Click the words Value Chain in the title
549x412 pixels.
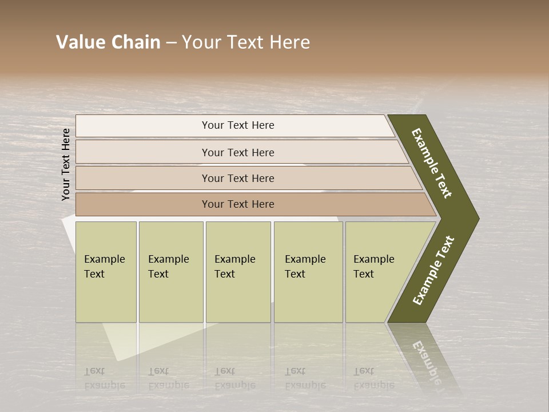(x=108, y=42)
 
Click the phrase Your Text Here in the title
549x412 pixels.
(x=246, y=42)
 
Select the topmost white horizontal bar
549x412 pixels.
(x=143, y=126)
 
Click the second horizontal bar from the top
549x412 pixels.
(x=143, y=152)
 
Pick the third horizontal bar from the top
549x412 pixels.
(x=143, y=178)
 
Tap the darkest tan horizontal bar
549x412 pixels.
(x=143, y=204)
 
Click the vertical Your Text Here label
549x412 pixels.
(x=66, y=165)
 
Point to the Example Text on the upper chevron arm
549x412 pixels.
(x=431, y=164)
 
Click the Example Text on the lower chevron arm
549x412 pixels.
(x=433, y=270)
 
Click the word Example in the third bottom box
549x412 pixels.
(x=234, y=259)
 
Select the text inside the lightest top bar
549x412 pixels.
(x=238, y=125)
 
